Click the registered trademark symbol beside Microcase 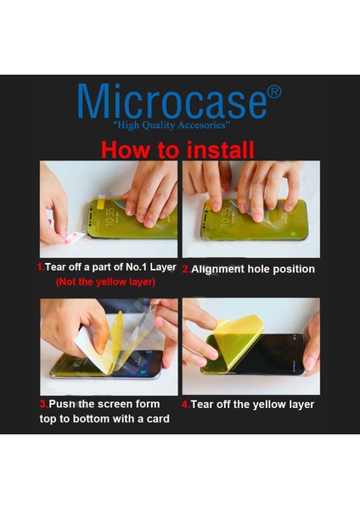click(274, 92)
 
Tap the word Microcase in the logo click(172, 102)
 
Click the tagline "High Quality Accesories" click(172, 126)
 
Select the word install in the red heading click(220, 149)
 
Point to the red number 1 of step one click(40, 267)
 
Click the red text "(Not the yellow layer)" click(105, 282)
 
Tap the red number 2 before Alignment click(186, 269)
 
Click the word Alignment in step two click(217, 270)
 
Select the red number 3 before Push click(44, 405)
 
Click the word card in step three click(158, 419)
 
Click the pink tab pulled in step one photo click(73, 237)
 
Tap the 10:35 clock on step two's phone click(226, 215)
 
